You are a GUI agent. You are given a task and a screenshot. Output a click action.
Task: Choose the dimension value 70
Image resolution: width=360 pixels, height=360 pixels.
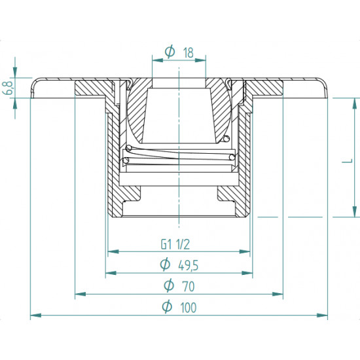[187, 285]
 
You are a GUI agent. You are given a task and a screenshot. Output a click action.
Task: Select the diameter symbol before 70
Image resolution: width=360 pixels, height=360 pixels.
[167, 285]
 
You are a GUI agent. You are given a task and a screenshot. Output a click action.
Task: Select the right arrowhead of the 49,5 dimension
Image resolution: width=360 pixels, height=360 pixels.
[249, 273]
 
